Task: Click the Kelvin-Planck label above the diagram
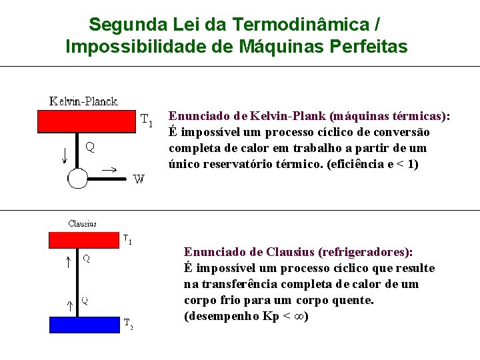click(83, 101)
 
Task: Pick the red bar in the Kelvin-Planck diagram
click(87, 121)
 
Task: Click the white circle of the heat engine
click(77, 179)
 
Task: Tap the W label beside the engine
click(139, 179)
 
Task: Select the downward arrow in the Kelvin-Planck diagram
click(65, 155)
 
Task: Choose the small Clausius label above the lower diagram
click(83, 224)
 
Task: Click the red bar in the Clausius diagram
click(83, 239)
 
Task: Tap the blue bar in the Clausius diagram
click(85, 325)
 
